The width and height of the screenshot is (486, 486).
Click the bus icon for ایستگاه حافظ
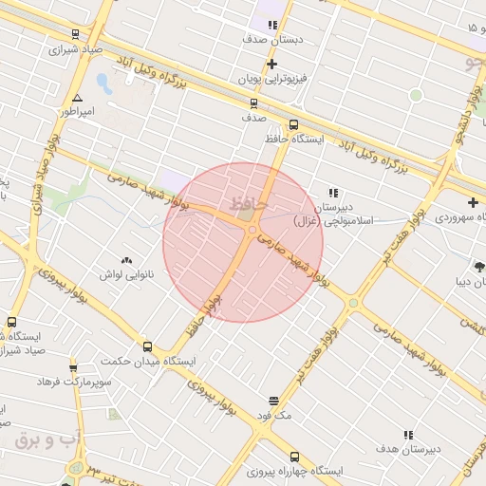tap(292, 124)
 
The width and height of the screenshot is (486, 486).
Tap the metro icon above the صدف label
tap(253, 103)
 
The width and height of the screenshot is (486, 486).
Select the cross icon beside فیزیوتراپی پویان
tap(272, 65)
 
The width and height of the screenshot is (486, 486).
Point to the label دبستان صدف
tap(273, 40)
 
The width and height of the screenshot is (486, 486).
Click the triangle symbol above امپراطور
tap(77, 98)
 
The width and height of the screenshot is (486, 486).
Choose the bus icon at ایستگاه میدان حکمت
tap(147, 346)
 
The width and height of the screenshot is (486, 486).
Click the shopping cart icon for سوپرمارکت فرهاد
tap(73, 367)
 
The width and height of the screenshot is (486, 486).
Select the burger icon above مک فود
tap(274, 401)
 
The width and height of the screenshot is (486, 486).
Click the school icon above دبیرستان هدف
tap(408, 435)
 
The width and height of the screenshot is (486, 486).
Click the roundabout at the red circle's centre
tap(252, 231)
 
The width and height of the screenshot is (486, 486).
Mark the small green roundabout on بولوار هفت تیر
tap(354, 303)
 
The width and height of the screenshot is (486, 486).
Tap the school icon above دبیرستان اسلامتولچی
tap(332, 193)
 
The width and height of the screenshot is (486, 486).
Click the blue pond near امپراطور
tap(103, 82)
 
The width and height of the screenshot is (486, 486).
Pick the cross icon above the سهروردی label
tap(473, 202)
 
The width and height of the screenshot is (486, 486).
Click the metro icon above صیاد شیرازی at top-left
tap(75, 34)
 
